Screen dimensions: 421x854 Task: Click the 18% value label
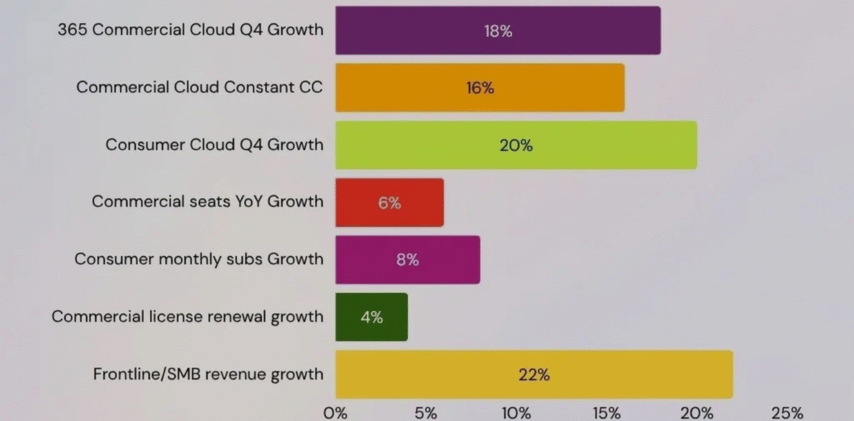498,31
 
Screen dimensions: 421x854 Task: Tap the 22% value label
534,374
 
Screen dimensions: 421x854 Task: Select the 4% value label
371,317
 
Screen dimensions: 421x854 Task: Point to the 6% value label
389,202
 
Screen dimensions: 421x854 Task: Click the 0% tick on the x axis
335,413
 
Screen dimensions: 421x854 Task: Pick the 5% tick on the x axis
425,413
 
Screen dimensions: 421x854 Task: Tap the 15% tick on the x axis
606,413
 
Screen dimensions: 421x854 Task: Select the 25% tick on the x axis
787,413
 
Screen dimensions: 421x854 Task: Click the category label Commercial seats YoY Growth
207,202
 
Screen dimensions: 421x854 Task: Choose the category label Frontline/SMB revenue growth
208,374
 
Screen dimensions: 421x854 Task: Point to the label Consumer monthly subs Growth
198,259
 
